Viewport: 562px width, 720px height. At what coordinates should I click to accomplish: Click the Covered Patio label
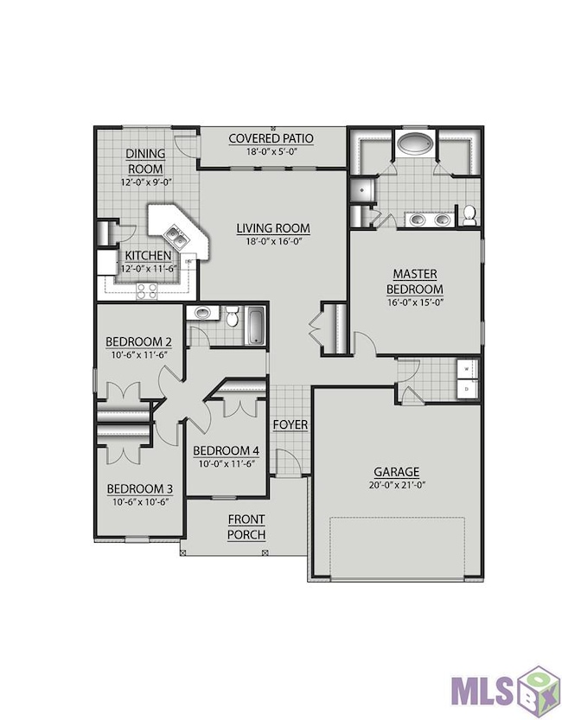[x=271, y=138]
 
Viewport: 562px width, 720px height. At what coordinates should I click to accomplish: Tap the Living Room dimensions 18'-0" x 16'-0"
[x=273, y=240]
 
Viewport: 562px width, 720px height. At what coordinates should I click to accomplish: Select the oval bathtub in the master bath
[x=416, y=143]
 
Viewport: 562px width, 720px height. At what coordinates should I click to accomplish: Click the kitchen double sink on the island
[x=176, y=236]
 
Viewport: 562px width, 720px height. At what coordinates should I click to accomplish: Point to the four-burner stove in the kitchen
[x=147, y=291]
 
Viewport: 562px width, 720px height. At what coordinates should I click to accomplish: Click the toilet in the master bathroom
[x=469, y=215]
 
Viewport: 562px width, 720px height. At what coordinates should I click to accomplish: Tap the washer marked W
[x=468, y=369]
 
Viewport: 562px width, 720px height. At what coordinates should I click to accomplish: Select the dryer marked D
[x=468, y=389]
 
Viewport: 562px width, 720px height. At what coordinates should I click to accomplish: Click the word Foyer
[x=291, y=424]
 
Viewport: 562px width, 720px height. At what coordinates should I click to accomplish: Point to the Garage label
[x=396, y=472]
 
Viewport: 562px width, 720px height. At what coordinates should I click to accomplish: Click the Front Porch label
[x=246, y=527]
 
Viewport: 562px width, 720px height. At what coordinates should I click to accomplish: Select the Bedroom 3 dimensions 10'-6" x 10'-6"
[x=140, y=502]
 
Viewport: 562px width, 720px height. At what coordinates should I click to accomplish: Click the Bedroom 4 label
[x=226, y=450]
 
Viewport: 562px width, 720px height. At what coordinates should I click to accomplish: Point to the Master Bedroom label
[x=415, y=282]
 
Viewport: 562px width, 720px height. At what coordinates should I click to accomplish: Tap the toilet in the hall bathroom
[x=233, y=315]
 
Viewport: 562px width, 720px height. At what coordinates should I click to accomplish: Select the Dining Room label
[x=145, y=161]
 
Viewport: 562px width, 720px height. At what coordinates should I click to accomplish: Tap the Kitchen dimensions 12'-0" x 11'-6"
[x=149, y=269]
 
